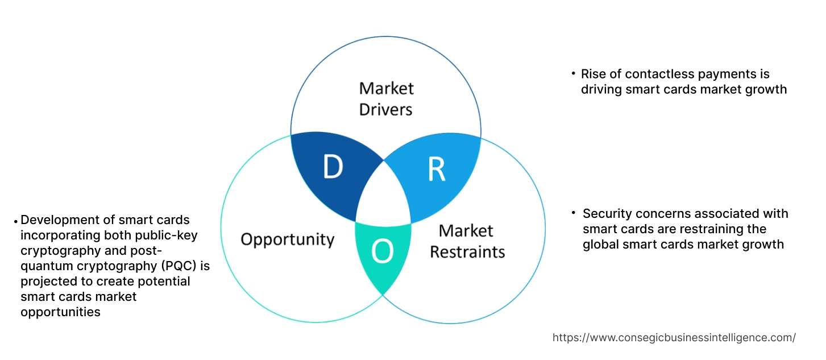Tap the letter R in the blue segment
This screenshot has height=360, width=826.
436,169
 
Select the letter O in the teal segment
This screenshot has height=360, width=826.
383,253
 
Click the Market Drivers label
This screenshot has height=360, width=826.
386,98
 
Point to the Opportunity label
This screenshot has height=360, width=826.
287,239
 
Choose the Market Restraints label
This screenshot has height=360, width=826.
467,241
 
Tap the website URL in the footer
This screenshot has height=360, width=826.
674,338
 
